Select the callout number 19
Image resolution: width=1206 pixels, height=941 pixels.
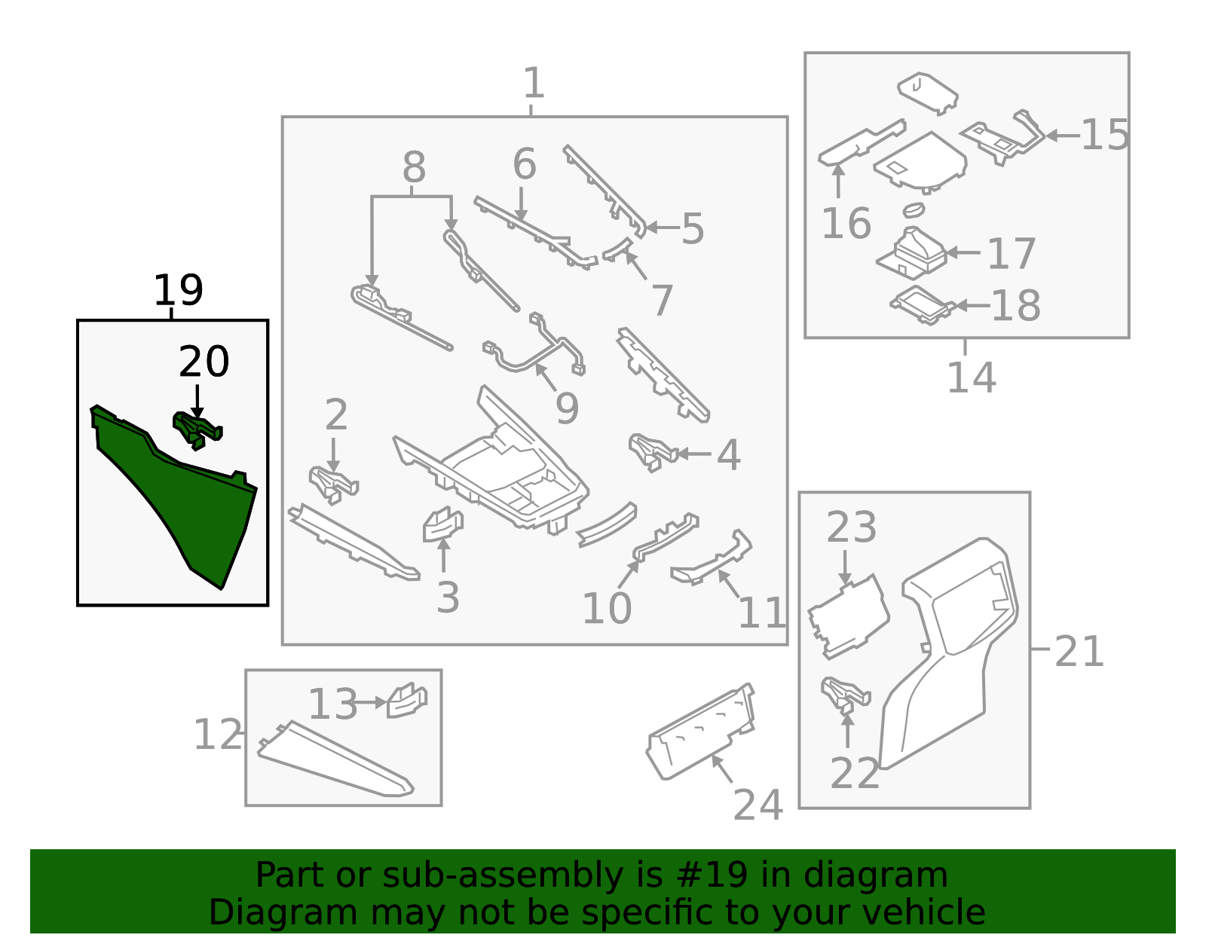pyautogui.click(x=179, y=290)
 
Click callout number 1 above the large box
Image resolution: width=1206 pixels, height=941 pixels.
pyautogui.click(x=533, y=83)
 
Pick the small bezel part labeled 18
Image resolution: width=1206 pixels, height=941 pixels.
pyautogui.click(x=921, y=305)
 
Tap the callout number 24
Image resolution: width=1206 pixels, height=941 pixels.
pyautogui.click(x=758, y=805)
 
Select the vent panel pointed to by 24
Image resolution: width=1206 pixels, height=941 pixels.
pyautogui.click(x=701, y=731)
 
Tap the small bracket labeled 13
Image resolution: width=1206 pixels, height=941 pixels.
pyautogui.click(x=406, y=701)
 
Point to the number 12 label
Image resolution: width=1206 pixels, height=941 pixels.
pyautogui.click(x=218, y=735)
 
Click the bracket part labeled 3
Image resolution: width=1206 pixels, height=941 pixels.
pyautogui.click(x=442, y=525)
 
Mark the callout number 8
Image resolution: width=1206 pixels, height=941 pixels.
pyautogui.click(x=413, y=167)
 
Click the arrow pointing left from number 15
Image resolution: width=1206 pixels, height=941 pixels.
pyautogui.click(x=1063, y=136)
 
